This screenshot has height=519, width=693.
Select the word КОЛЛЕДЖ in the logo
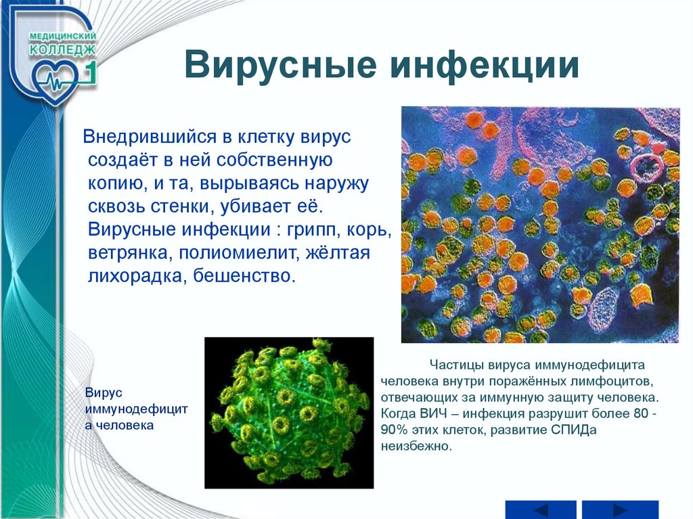(62, 49)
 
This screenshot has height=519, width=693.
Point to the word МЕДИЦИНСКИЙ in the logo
(63, 36)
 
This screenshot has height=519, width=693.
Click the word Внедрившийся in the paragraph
(150, 137)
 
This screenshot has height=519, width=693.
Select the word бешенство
(244, 276)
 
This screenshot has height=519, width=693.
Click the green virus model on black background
(289, 413)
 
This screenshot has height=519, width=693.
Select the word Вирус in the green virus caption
(104, 393)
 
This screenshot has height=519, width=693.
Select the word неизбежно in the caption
(417, 446)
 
